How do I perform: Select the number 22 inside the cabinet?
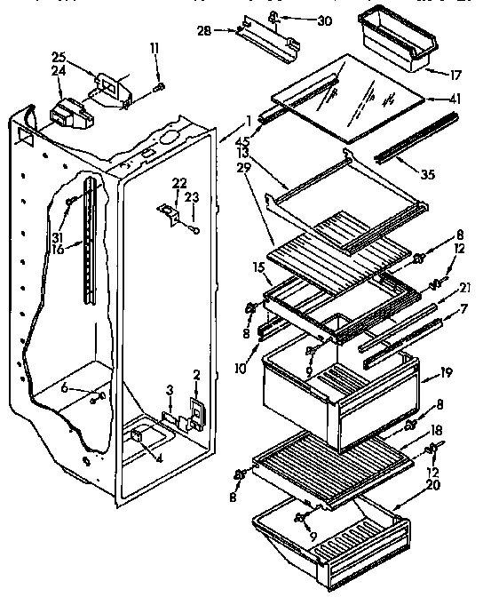(x=179, y=182)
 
